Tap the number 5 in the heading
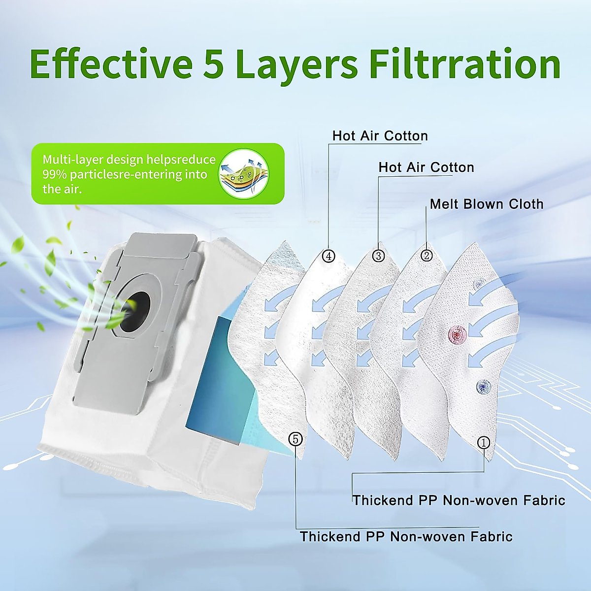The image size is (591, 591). [213, 65]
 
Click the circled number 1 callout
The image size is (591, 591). [484, 442]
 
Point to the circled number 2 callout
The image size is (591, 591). [427, 255]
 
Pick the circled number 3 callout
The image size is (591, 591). [378, 256]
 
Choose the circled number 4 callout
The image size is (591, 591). [329, 256]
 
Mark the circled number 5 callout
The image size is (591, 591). [295, 439]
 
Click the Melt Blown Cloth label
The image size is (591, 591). [487, 204]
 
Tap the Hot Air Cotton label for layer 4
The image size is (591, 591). [380, 136]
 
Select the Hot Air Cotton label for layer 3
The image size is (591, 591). [427, 167]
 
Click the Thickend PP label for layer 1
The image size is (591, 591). [459, 500]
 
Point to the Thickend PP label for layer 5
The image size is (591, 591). [406, 537]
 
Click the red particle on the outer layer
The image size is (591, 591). [457, 333]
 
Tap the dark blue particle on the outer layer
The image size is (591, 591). [484, 386]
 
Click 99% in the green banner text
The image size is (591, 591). [55, 174]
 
